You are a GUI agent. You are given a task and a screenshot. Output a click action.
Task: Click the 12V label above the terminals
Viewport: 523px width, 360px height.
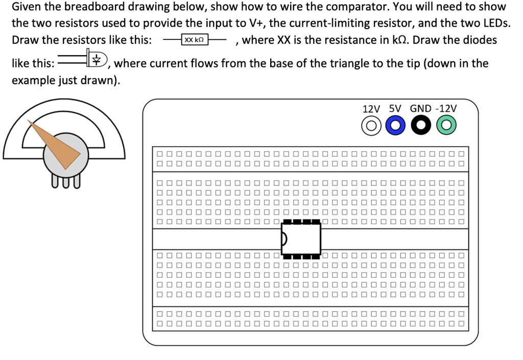click(x=371, y=109)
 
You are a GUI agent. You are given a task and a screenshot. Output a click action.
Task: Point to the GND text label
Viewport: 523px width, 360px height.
click(x=420, y=109)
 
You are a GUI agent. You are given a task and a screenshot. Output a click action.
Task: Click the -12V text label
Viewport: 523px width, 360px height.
click(x=446, y=109)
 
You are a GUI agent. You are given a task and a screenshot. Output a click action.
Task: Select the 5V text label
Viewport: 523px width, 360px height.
click(x=395, y=109)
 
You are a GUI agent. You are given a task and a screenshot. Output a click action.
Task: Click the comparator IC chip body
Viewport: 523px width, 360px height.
click(x=301, y=238)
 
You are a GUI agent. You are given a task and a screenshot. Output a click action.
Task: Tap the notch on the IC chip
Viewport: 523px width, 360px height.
click(x=284, y=238)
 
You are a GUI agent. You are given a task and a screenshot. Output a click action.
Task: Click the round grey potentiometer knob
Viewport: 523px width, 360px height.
click(x=66, y=153)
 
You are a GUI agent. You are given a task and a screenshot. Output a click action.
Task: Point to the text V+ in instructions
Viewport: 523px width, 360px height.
click(x=251, y=23)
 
